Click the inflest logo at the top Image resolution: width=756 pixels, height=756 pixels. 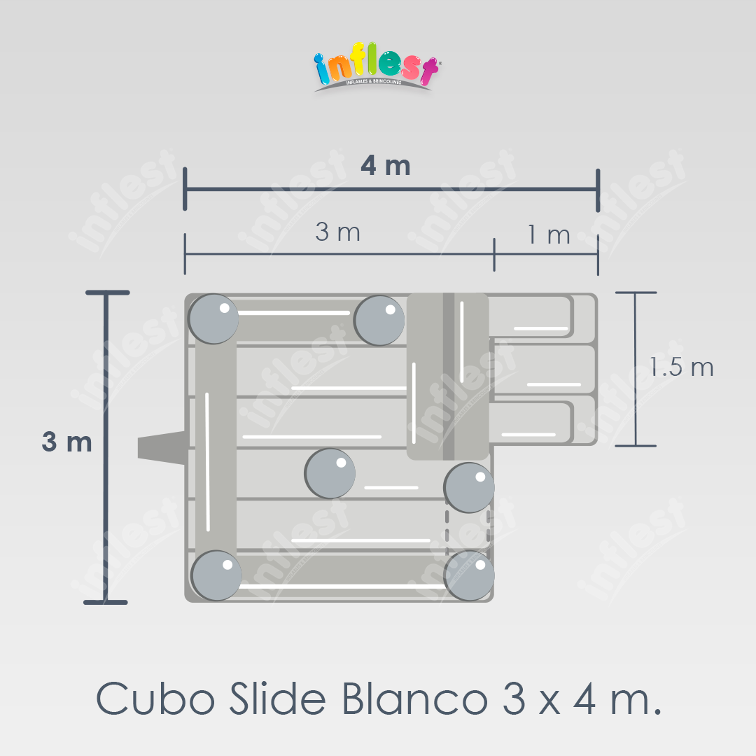(376, 66)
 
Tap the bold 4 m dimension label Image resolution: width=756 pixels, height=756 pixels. (386, 166)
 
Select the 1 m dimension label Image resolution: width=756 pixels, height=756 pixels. (549, 234)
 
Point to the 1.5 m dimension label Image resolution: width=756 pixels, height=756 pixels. (681, 367)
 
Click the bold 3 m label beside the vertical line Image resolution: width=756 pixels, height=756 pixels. (66, 442)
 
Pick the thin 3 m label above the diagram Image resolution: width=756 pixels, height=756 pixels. (337, 232)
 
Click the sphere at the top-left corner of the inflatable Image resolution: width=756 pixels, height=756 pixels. (213, 318)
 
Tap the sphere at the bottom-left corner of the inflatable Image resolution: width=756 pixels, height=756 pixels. (216, 575)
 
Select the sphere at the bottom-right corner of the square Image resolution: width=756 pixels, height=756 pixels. (469, 575)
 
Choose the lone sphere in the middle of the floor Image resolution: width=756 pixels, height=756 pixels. (330, 473)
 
